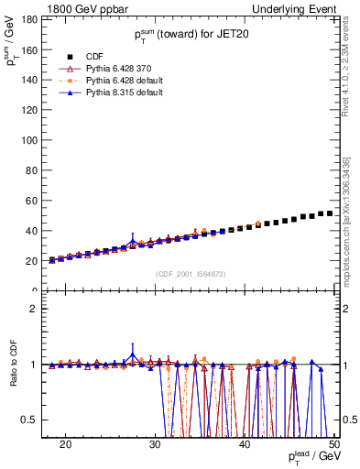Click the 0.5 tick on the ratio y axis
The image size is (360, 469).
34,420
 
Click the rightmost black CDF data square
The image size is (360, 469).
330,213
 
